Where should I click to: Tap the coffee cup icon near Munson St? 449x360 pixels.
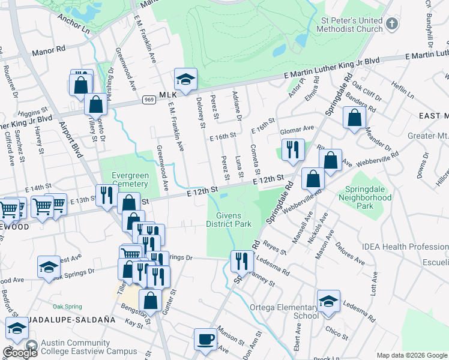point(206,340)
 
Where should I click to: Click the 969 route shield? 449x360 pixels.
point(149,98)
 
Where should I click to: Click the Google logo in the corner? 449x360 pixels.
point(20,353)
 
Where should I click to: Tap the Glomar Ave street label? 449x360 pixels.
point(297,128)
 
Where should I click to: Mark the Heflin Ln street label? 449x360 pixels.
point(403,91)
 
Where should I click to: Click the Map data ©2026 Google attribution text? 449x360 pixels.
point(411,355)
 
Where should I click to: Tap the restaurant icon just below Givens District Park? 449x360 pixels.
point(242,261)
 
